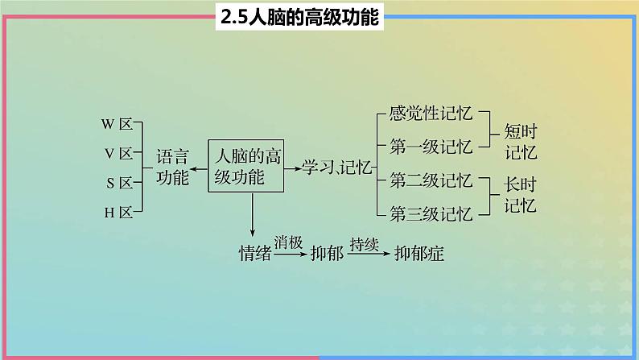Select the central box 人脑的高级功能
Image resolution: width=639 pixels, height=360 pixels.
(247, 165)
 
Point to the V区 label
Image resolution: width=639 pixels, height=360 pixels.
(117, 154)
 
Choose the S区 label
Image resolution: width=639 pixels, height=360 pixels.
(117, 183)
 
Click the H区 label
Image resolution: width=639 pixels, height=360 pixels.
(117, 212)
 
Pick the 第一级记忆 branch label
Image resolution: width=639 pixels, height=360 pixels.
(431, 146)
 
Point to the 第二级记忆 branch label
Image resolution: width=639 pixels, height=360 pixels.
(431, 179)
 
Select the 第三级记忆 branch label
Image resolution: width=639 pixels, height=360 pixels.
(431, 213)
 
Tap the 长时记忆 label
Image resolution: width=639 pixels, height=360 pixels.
(520, 194)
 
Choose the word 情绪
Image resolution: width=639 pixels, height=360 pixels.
(255, 253)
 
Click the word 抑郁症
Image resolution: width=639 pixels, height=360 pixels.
(418, 253)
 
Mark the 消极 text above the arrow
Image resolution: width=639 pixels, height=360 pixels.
(288, 242)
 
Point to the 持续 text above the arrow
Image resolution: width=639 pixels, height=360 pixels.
(364, 242)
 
